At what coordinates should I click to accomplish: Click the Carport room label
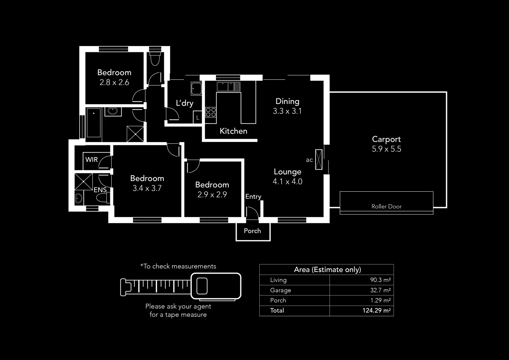coord(386,139)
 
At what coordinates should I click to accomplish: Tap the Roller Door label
coord(386,206)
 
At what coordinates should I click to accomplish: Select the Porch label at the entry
coord(252,231)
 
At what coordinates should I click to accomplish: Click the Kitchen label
coord(233,131)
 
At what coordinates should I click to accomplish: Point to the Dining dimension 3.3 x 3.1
coord(287,111)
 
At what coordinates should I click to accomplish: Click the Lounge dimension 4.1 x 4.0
coord(287,182)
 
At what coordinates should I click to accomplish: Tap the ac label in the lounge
coord(309,160)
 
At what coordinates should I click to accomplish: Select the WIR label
coord(92,159)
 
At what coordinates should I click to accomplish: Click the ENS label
coord(100,190)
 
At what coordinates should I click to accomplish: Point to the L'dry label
coord(185,103)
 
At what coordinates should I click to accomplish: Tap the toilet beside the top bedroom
coord(155,59)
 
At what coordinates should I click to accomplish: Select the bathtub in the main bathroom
coord(94,122)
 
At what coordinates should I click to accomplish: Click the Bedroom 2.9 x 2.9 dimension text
coord(212,195)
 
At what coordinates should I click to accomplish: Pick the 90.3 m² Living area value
coord(380,280)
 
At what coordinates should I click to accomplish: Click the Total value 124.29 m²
coord(376,311)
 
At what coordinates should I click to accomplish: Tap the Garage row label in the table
coord(280,290)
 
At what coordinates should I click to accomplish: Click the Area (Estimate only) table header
coord(327,269)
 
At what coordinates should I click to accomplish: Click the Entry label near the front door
coord(253,196)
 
